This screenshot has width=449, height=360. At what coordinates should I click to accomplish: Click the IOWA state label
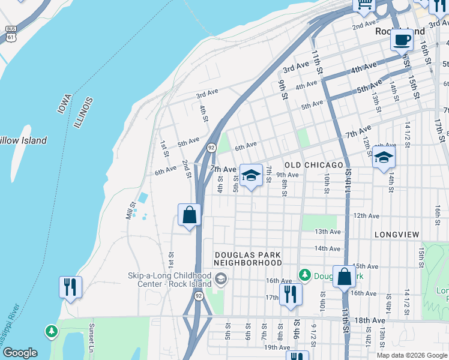65,104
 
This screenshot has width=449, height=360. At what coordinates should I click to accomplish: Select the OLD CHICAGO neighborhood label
314,164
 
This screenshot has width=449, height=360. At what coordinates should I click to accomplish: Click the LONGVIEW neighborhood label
395,233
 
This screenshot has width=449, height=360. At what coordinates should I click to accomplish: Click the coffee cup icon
402,41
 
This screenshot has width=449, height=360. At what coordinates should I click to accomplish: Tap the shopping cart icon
364,5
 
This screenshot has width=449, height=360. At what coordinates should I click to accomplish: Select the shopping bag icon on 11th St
344,277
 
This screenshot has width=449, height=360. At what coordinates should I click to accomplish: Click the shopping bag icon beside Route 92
189,215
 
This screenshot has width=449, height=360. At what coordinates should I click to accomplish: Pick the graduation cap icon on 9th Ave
251,175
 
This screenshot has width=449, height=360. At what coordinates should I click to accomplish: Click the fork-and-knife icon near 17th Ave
291,295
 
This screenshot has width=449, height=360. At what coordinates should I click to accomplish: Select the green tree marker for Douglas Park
305,275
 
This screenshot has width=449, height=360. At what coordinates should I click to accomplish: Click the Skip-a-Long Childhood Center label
169,280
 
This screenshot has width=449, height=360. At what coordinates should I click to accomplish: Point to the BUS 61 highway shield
10,33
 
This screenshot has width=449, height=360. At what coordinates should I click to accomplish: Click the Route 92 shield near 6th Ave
211,148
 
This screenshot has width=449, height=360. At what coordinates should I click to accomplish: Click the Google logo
20,353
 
